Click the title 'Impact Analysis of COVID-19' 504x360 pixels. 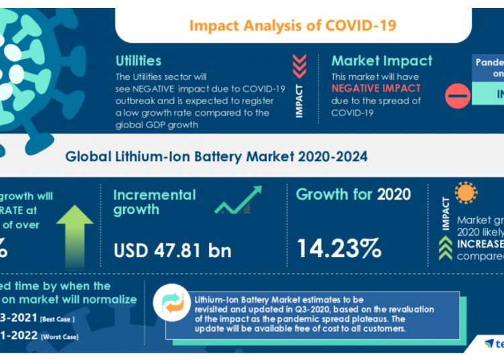point(292,26)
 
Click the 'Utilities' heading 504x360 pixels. point(138,61)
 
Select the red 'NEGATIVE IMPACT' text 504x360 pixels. point(376,88)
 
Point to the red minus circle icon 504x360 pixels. point(458,96)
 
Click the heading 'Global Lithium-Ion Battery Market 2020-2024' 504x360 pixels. point(216,157)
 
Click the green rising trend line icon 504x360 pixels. point(239,200)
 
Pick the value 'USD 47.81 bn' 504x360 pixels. point(172,251)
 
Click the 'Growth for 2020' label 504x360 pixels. point(353,195)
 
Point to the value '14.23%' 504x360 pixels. point(339,249)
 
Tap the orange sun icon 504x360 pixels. point(466,193)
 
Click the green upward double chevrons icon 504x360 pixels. point(446,248)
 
